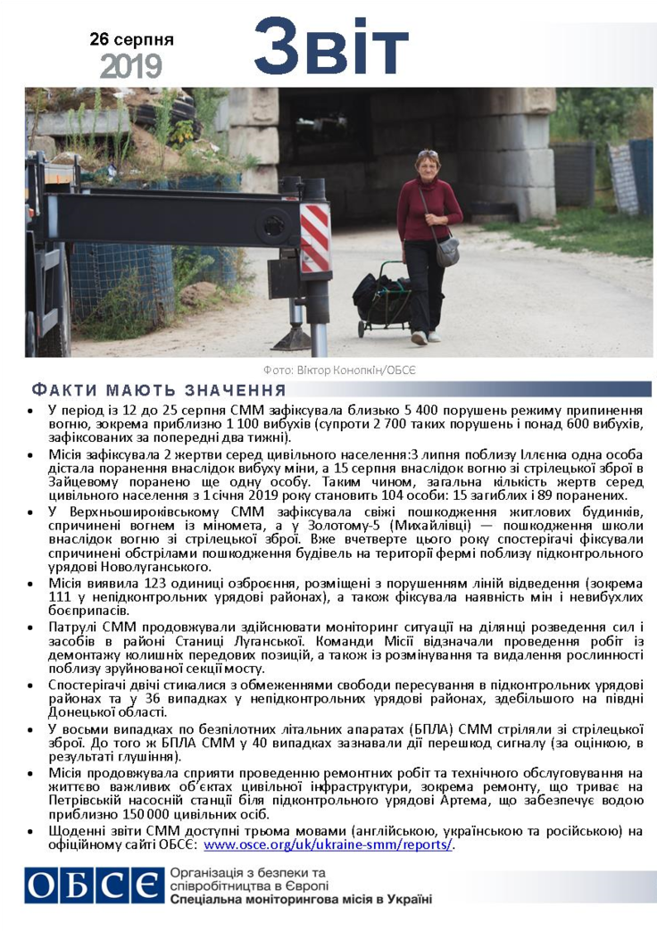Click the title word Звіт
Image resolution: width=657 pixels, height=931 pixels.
coord(330,46)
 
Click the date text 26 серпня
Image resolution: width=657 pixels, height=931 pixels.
coord(131,40)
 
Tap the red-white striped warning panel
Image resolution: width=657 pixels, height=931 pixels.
coord(314,237)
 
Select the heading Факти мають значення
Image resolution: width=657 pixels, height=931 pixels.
coord(159,390)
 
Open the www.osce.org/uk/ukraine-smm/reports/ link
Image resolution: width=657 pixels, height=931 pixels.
coord(328,844)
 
